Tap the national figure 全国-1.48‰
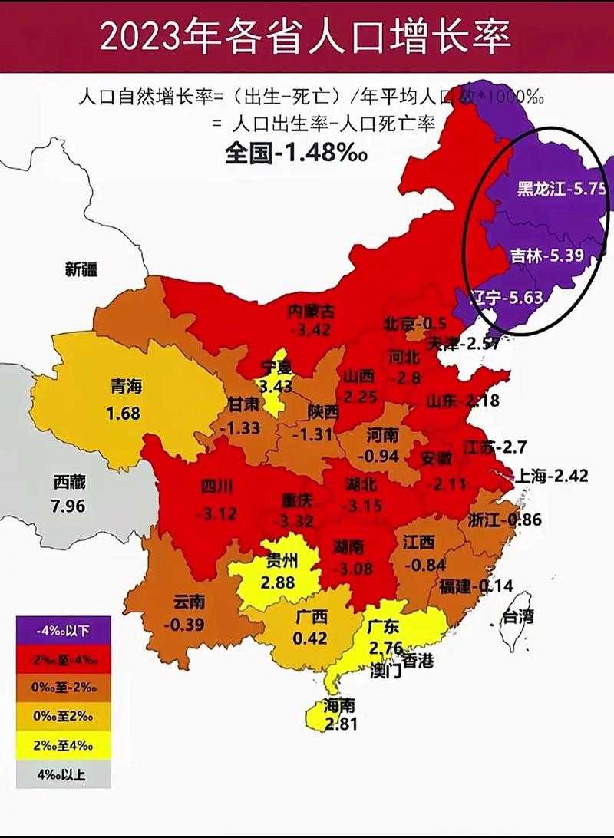pyautogui.click(x=295, y=152)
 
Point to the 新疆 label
pyautogui.click(x=81, y=269)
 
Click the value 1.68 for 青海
pyautogui.click(x=123, y=414)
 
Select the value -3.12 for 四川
pyautogui.click(x=216, y=513)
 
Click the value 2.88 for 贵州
pyautogui.click(x=277, y=582)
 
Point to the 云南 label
pyautogui.click(x=189, y=602)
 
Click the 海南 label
pyautogui.click(x=340, y=705)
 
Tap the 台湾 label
pyautogui.click(x=517, y=615)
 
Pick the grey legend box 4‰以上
pyautogui.click(x=63, y=774)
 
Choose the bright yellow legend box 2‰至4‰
pyautogui.click(x=63, y=745)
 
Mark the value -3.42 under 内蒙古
pyautogui.click(x=311, y=330)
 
